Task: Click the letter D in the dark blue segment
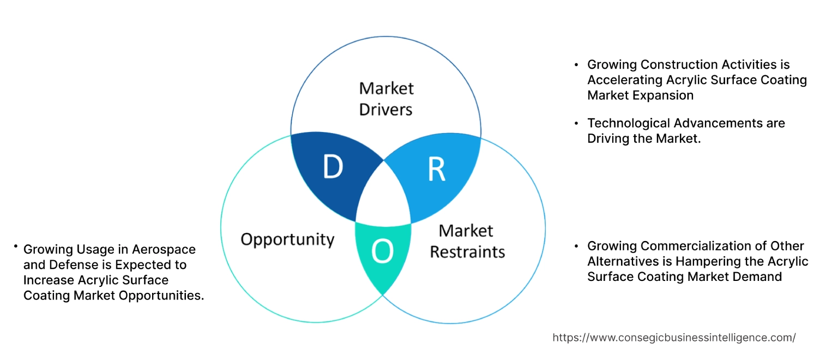333,167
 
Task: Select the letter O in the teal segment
382,251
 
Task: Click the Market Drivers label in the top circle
386,99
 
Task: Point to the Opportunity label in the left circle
287,239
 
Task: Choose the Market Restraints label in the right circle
467,241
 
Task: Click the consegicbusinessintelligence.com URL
674,338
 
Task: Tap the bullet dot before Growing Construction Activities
576,65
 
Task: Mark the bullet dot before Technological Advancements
576,123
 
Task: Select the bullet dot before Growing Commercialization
576,246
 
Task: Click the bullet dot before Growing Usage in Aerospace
16,247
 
